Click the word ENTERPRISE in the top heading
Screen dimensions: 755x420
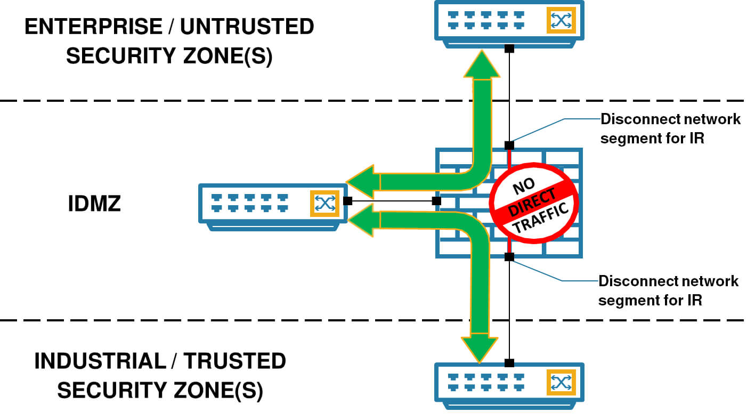(x=94, y=27)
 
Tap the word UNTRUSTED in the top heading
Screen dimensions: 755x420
(x=247, y=27)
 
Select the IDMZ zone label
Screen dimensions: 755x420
(x=94, y=204)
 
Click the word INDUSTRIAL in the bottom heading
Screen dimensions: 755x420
(x=101, y=361)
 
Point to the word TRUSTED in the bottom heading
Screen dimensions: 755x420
(x=235, y=361)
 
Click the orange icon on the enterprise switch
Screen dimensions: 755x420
(x=561, y=20)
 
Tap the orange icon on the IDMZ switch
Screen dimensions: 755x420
(x=324, y=204)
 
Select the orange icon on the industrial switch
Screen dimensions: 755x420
(x=561, y=383)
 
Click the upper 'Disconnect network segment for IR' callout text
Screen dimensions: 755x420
(x=670, y=129)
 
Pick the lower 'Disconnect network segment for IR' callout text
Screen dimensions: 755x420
(x=668, y=290)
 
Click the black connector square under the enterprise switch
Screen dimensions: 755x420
(x=509, y=49)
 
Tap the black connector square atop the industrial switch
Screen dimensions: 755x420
(x=509, y=363)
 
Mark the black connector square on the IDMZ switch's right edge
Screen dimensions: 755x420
(x=348, y=201)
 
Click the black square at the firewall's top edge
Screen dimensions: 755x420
(x=509, y=146)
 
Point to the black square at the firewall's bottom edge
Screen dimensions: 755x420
(x=509, y=257)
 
